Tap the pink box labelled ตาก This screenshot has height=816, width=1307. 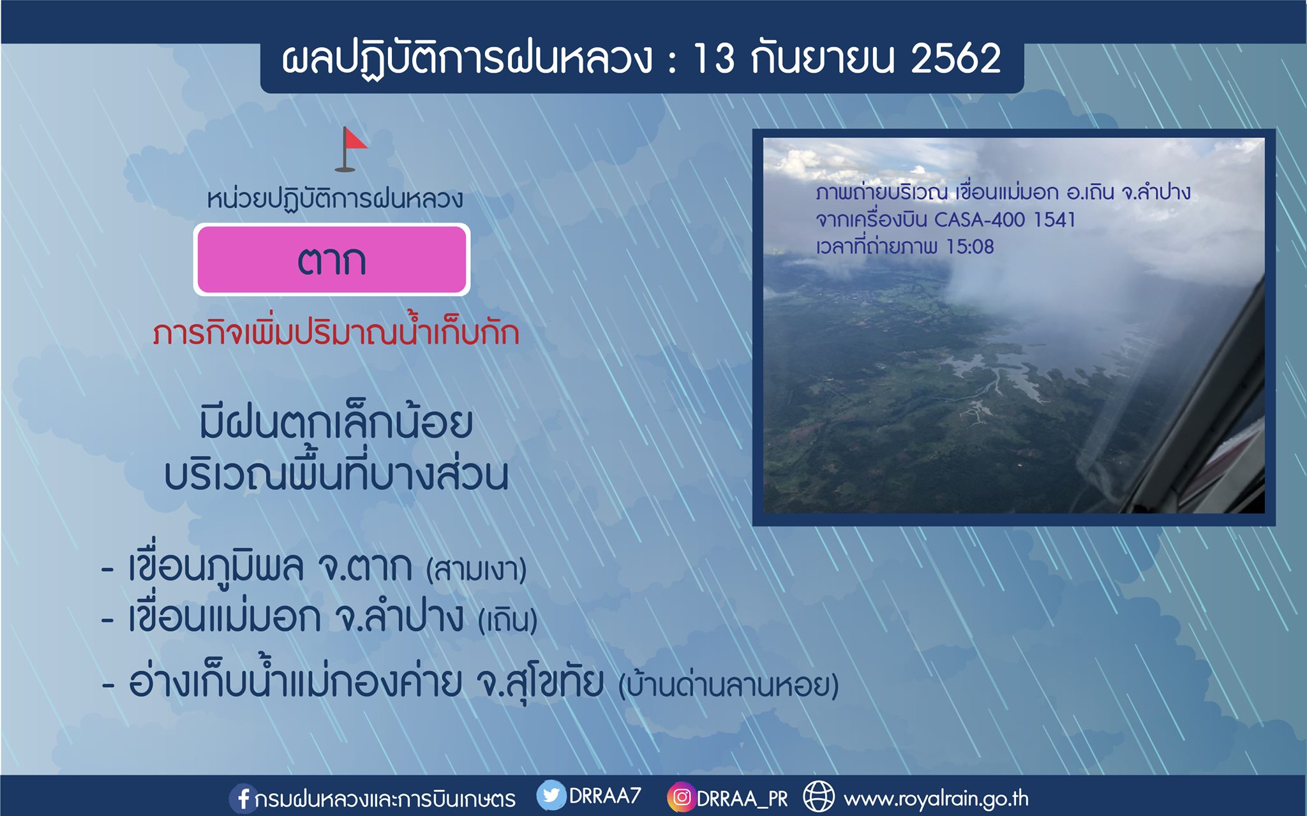[x=332, y=260]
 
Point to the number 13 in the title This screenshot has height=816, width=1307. [x=714, y=59]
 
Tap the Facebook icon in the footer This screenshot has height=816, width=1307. [x=243, y=798]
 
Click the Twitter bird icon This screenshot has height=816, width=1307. [x=551, y=796]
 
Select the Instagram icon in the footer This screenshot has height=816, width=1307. [x=681, y=797]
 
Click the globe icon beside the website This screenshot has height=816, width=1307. [x=818, y=797]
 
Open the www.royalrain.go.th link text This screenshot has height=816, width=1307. [x=936, y=799]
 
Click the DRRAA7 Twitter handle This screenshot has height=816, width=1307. [x=604, y=796]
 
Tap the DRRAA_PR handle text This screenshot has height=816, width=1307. [x=742, y=799]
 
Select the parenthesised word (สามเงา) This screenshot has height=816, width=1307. [x=476, y=569]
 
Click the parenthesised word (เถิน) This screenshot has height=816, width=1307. [x=508, y=619]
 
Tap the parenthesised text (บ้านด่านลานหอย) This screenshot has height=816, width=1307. [x=728, y=684]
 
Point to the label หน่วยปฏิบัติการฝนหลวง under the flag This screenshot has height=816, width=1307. [x=335, y=198]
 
